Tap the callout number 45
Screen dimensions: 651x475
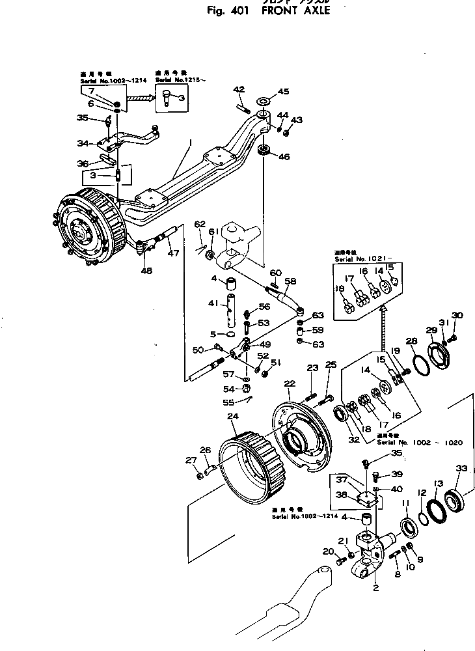(283, 91)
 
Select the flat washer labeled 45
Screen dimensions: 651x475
(265, 102)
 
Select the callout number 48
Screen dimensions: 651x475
(147, 270)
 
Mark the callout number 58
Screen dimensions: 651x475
(290, 281)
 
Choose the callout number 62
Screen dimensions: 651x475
(200, 225)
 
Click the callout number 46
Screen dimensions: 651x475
(283, 156)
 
